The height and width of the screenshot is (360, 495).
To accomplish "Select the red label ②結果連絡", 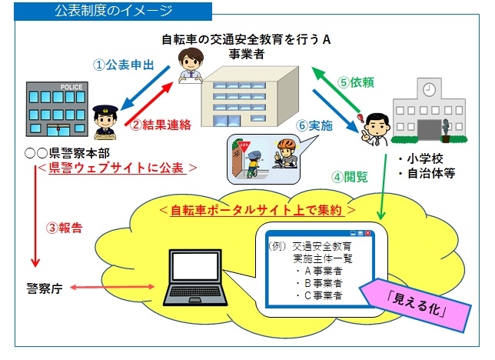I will click(159, 125).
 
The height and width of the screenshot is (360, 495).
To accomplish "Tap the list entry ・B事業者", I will click(318, 282).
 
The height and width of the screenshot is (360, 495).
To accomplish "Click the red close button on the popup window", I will click(368, 232).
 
